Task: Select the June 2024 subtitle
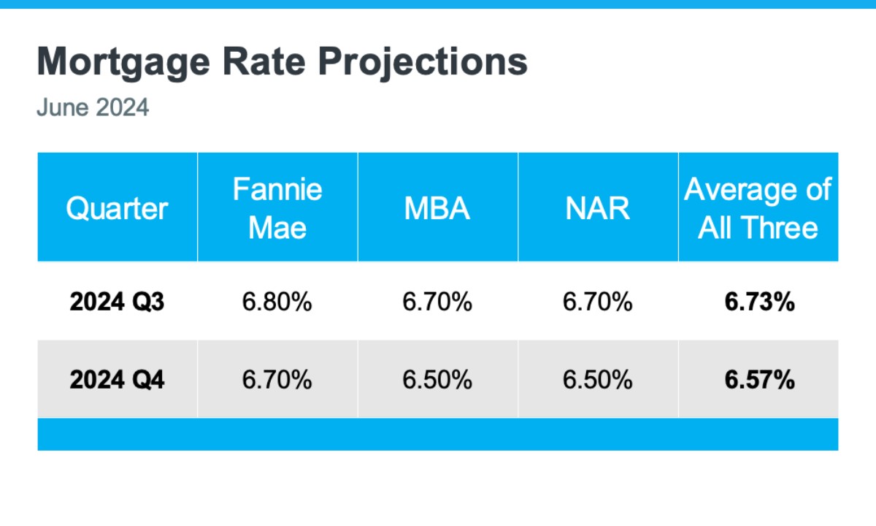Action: [x=93, y=107]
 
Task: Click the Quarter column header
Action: [x=117, y=209]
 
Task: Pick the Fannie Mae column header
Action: [x=277, y=209]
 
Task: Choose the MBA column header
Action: [x=437, y=209]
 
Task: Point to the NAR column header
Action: [x=598, y=209]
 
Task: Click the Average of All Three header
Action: [x=758, y=209]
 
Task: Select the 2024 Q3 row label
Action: [x=117, y=302]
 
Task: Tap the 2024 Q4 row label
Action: [x=117, y=380]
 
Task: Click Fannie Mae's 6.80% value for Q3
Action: [x=277, y=302]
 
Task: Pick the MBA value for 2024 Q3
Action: [x=437, y=302]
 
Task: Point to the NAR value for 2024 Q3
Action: [x=598, y=302]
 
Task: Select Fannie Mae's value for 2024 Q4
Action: [x=277, y=380]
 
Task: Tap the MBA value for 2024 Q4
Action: [x=437, y=380]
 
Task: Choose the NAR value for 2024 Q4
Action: [x=598, y=380]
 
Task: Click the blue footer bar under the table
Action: [x=438, y=434]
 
